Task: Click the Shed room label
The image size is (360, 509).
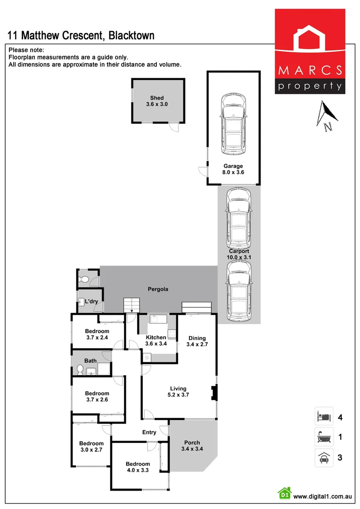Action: pyautogui.click(x=157, y=101)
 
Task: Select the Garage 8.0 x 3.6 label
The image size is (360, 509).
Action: pyautogui.click(x=233, y=169)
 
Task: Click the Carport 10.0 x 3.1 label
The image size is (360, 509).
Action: pyautogui.click(x=238, y=254)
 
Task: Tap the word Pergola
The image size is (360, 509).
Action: pyautogui.click(x=158, y=289)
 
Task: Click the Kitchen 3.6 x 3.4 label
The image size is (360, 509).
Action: pyautogui.click(x=156, y=341)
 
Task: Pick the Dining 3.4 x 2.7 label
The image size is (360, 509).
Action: pyautogui.click(x=197, y=341)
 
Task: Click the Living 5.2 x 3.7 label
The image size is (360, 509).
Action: pyautogui.click(x=179, y=392)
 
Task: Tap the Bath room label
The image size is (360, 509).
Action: pyautogui.click(x=90, y=361)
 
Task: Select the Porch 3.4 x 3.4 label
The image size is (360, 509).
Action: pyautogui.click(x=192, y=446)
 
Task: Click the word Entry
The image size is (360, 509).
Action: pyautogui.click(x=149, y=433)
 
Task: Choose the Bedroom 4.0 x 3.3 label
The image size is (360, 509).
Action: pyautogui.click(x=138, y=467)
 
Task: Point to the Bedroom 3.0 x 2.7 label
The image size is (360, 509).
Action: pyautogui.click(x=91, y=446)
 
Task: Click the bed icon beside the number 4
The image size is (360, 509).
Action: pyautogui.click(x=324, y=417)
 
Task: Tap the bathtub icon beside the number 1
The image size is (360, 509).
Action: pyautogui.click(x=324, y=437)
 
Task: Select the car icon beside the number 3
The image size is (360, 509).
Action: pyautogui.click(x=324, y=458)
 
